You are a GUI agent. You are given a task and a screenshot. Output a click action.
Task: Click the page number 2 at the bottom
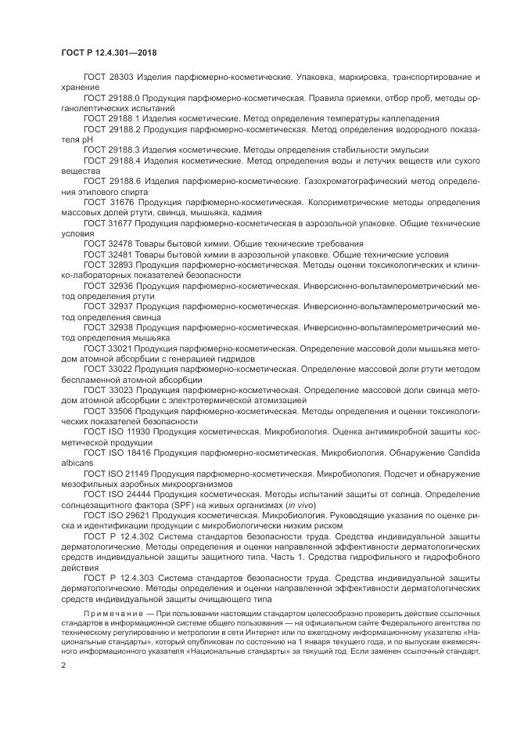click(x=63, y=664)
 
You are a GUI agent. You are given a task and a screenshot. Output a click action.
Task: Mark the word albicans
click(x=76, y=463)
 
